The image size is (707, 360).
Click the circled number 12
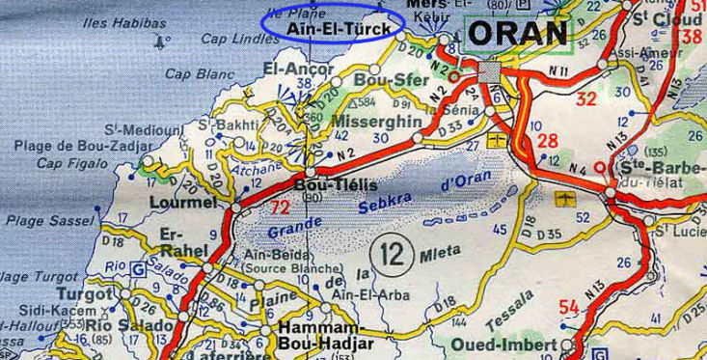coord(392,255)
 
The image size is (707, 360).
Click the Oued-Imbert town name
coord(503,345)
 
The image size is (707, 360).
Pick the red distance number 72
coord(280,207)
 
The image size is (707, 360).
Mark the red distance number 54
coord(569,307)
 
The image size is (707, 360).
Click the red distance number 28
coord(548,141)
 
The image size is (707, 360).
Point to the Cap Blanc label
coord(200,73)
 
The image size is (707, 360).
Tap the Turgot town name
coord(85,293)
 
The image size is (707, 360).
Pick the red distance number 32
coord(586,98)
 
